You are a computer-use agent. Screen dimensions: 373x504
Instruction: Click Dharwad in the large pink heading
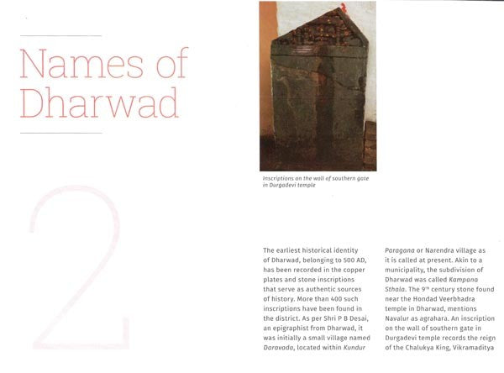99,103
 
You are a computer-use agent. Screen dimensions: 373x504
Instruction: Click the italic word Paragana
402,250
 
